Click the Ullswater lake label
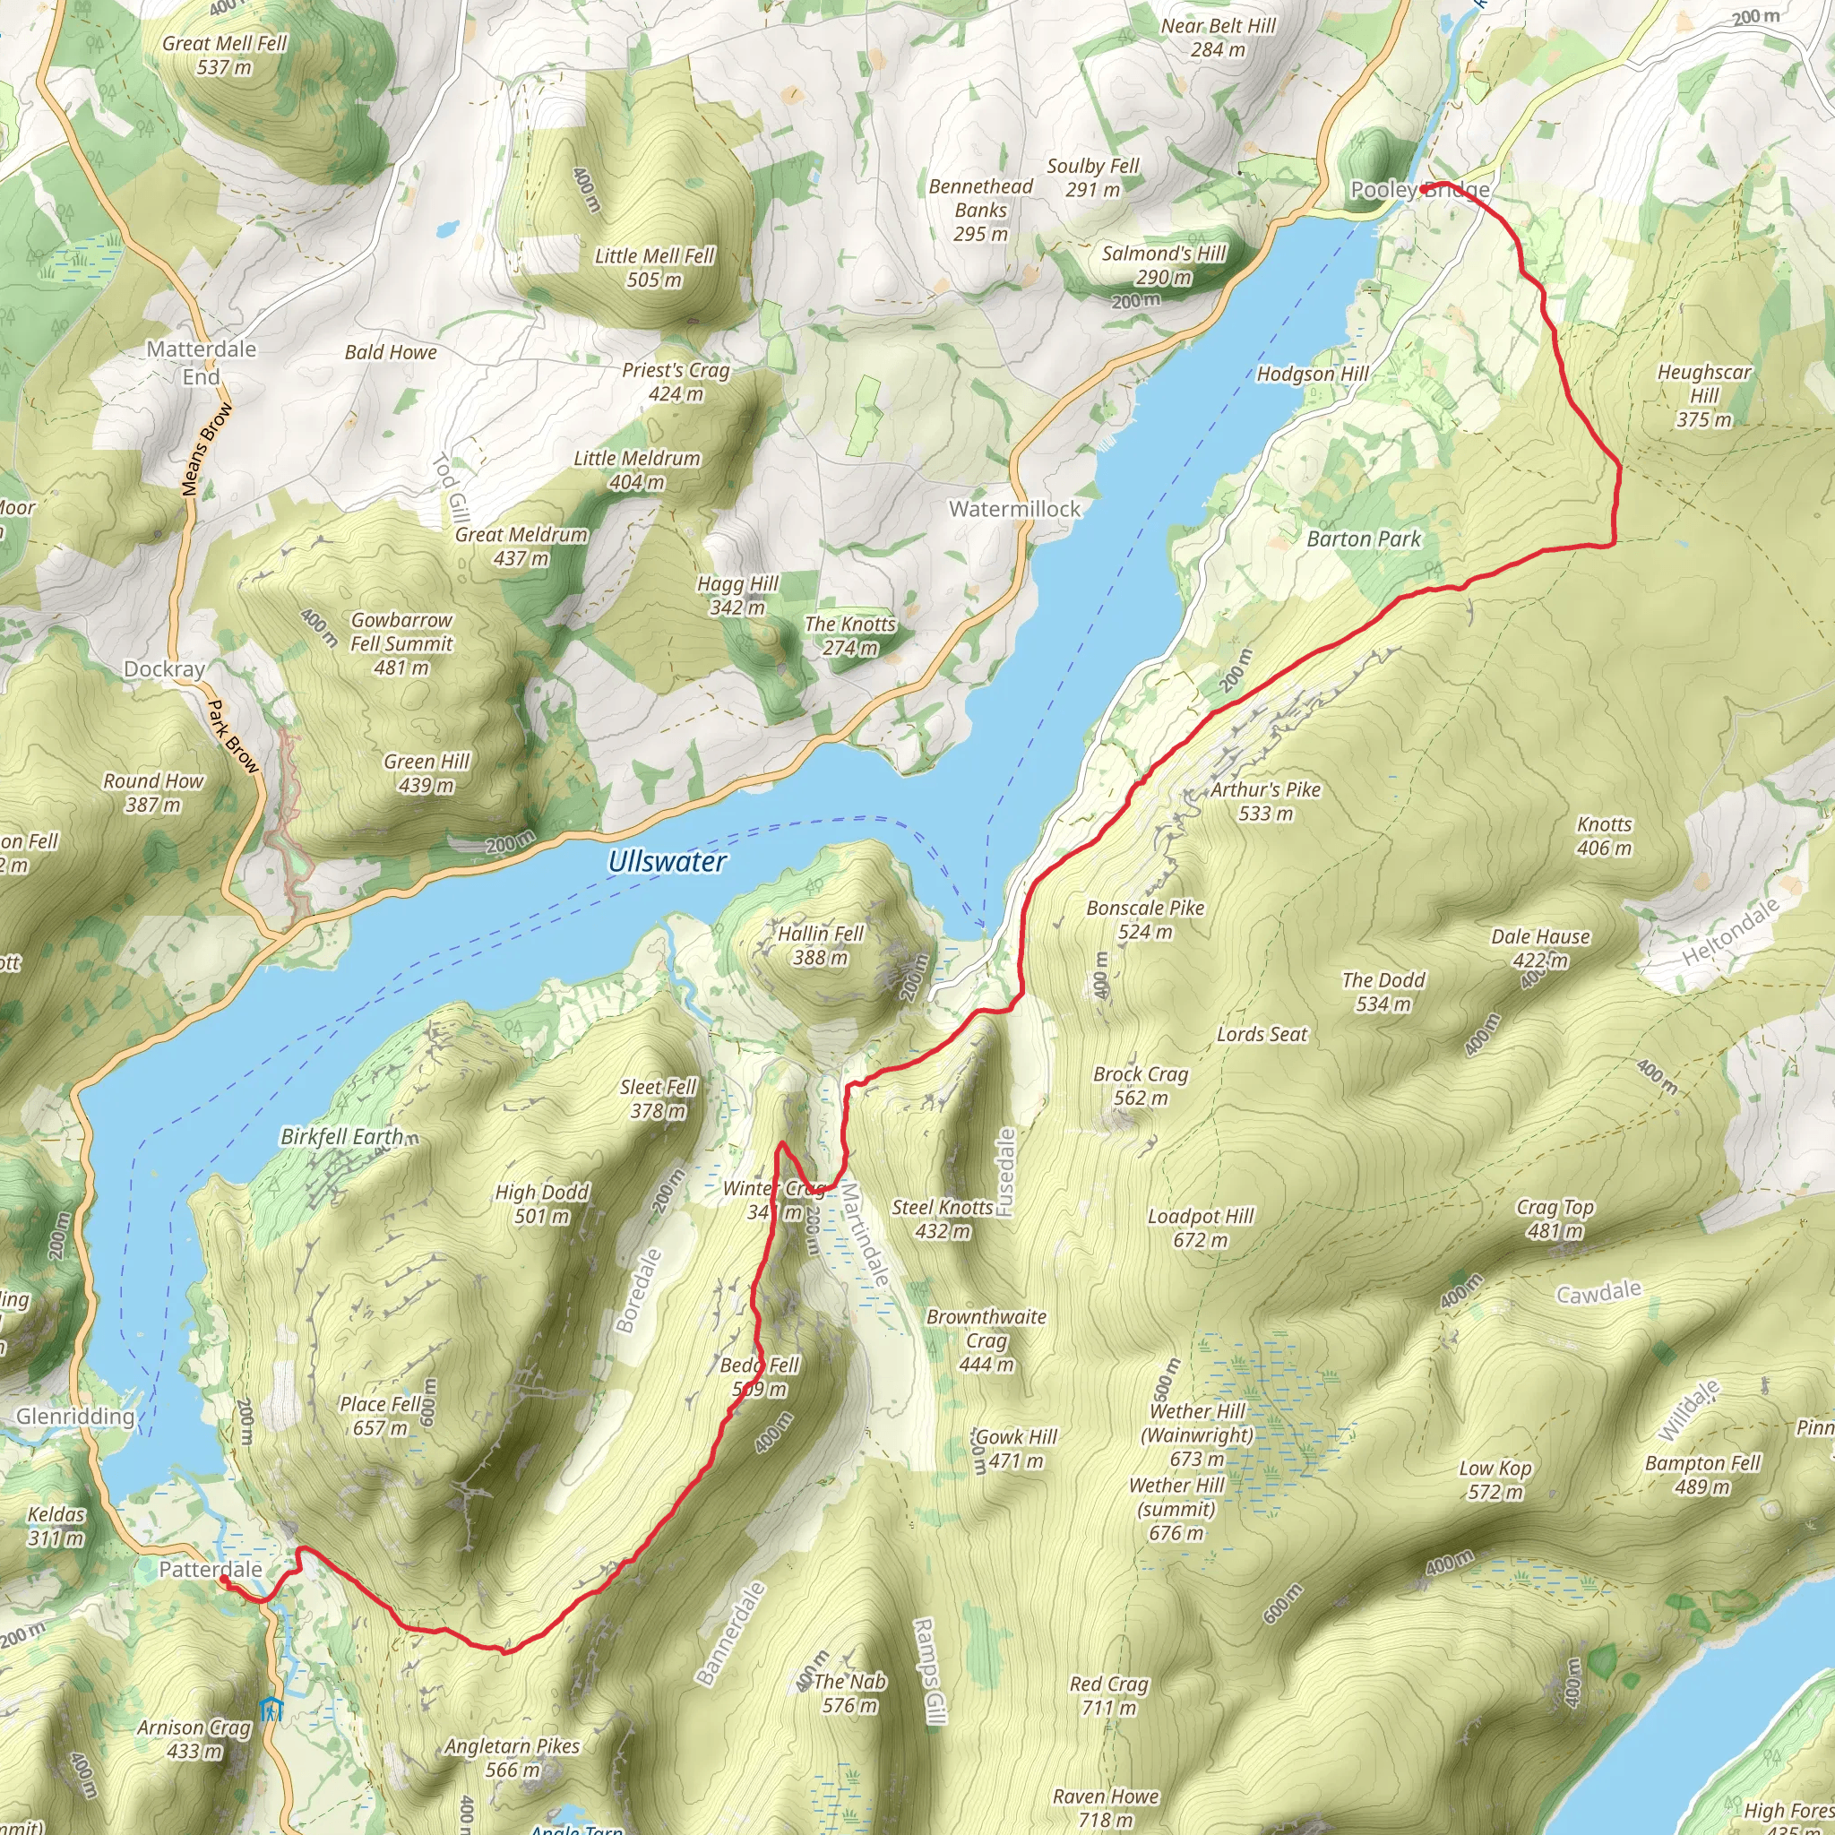[x=667, y=861]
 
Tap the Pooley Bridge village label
[x=1419, y=190]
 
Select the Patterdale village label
[x=210, y=1569]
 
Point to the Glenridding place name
[x=75, y=1417]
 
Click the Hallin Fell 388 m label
[x=821, y=945]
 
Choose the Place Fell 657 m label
[x=380, y=1415]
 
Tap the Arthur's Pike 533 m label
[x=1265, y=802]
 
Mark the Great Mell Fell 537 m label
[x=224, y=55]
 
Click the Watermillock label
[x=1014, y=509]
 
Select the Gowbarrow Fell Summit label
[x=401, y=643]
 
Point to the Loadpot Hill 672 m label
[x=1201, y=1228]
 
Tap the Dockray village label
[x=164, y=668]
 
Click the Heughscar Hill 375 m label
[x=1704, y=395]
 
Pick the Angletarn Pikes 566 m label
[x=512, y=1757]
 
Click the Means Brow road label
[x=206, y=449]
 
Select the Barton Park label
[x=1363, y=539]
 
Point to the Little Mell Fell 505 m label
[x=654, y=267]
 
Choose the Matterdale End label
[x=202, y=363]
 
